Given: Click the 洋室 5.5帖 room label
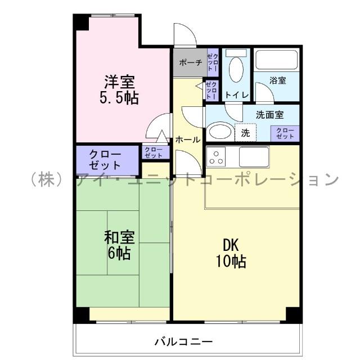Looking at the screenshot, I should coord(118,88).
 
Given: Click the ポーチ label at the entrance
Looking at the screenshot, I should coord(190,62).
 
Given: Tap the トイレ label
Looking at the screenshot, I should coord(237,94).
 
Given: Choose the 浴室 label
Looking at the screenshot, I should coord(277,80).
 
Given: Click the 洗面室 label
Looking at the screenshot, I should coord(269,114).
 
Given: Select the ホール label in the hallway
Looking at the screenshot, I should coord(187,139).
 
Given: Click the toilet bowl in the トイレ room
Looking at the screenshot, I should coord(237,71).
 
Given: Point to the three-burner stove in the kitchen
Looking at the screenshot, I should coord(217,156).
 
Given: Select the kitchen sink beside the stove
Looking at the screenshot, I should coord(254,156).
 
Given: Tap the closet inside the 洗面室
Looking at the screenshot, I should coord(285,133).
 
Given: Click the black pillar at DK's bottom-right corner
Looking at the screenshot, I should coord(292,314).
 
